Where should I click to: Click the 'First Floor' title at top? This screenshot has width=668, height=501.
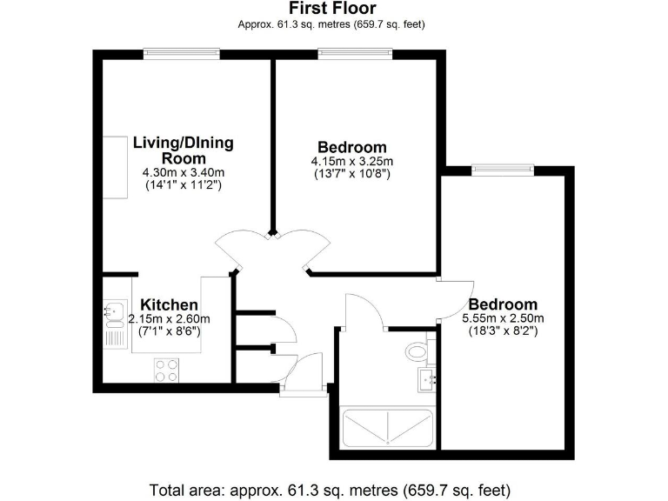point(332,10)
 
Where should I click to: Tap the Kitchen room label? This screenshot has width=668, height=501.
point(170,305)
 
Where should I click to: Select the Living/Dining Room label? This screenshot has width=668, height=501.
point(183,150)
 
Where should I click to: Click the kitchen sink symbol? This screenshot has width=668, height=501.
point(113,309)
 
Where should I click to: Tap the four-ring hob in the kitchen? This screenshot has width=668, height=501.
point(167,370)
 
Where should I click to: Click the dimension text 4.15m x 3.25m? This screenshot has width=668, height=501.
point(351,161)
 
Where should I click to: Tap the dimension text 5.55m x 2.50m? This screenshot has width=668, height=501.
point(502,318)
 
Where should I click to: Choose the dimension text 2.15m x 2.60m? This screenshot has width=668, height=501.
point(170,319)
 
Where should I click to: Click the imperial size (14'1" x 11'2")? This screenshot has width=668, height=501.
point(183,185)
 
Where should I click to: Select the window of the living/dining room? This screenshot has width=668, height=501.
point(182,54)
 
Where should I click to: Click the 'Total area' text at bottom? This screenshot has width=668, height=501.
point(330,488)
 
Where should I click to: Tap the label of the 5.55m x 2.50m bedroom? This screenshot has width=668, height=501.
point(502,304)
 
